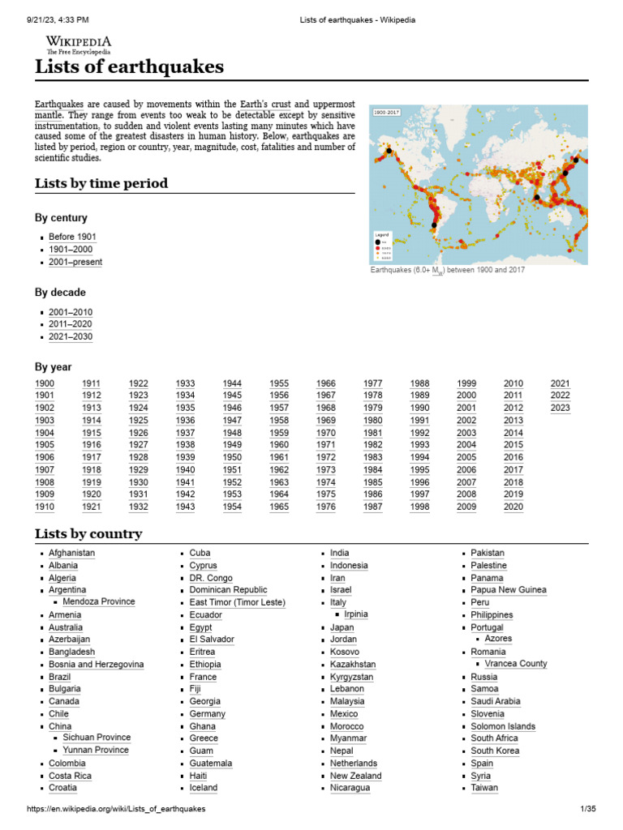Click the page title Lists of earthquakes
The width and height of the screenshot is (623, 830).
tap(129, 67)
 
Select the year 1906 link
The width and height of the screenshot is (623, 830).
tap(45, 457)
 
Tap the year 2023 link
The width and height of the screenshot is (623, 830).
tap(560, 408)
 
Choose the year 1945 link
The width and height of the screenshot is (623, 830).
tap(232, 396)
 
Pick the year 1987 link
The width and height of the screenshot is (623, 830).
tap(373, 507)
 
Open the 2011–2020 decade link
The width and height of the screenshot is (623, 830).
tap(71, 324)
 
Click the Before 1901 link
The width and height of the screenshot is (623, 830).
tap(72, 237)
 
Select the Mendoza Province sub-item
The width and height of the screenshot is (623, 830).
tap(98, 602)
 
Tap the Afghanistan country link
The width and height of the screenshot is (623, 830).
tap(71, 553)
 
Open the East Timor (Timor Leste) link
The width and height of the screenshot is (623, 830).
tap(237, 602)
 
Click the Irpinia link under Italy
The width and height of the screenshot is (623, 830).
tap(355, 614)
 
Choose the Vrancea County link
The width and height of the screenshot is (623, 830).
tap(515, 664)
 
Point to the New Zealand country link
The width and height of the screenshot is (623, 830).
tap(355, 776)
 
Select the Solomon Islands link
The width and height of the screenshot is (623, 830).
tap(503, 726)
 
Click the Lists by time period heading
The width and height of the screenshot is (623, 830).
tap(101, 183)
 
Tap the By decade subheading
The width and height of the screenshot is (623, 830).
tap(60, 293)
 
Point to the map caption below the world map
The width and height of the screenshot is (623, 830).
tap(447, 270)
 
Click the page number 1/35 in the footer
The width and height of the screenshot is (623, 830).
tap(587, 809)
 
